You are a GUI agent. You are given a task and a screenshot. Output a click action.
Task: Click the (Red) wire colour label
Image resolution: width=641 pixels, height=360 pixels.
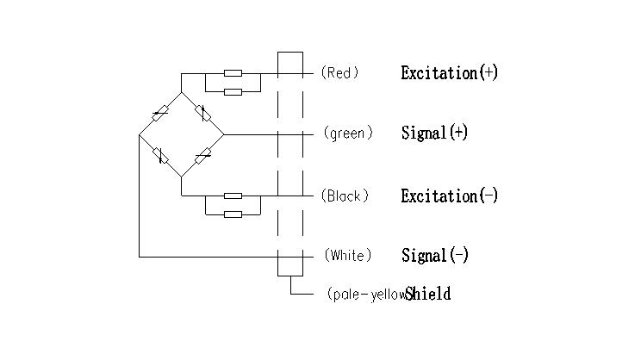click(339, 73)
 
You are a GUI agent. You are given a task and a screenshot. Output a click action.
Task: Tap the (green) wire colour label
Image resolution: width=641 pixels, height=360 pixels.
click(348, 133)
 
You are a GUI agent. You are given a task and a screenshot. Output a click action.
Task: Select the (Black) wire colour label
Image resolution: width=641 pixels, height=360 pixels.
click(345, 196)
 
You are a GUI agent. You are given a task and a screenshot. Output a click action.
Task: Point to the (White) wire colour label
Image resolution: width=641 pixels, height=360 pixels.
click(348, 256)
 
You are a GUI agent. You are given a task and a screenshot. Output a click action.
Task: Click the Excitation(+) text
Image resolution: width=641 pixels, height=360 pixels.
click(449, 73)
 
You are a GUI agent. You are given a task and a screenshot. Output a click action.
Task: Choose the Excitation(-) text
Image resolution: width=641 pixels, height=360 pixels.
click(449, 196)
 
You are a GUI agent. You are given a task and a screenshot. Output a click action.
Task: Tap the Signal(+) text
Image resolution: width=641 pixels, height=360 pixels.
click(434, 133)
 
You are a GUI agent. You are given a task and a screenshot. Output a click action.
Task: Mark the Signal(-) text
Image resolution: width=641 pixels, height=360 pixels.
click(434, 256)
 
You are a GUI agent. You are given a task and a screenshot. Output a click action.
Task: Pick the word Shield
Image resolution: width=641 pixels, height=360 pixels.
click(428, 295)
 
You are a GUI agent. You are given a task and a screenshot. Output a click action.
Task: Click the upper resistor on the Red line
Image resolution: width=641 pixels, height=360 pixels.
click(233, 74)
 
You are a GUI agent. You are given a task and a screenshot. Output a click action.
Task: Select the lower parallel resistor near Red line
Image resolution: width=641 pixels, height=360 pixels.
click(233, 90)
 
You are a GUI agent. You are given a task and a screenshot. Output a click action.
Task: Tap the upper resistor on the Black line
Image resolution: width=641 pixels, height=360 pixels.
click(233, 196)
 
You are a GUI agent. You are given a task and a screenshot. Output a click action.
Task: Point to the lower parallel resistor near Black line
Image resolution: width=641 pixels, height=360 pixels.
click(233, 213)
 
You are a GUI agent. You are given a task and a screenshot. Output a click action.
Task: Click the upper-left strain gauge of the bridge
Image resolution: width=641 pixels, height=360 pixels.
click(160, 113)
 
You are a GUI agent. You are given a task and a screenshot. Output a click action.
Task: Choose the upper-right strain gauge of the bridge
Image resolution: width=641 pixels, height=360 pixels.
click(202, 113)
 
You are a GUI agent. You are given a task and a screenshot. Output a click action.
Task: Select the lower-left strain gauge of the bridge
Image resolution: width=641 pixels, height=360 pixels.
click(160, 156)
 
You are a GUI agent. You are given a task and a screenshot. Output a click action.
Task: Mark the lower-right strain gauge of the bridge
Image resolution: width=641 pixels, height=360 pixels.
click(202, 156)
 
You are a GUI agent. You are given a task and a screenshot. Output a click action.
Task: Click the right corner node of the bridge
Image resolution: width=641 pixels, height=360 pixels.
click(224, 134)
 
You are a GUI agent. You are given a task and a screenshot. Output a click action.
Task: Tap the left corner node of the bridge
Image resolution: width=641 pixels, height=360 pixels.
click(140, 134)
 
